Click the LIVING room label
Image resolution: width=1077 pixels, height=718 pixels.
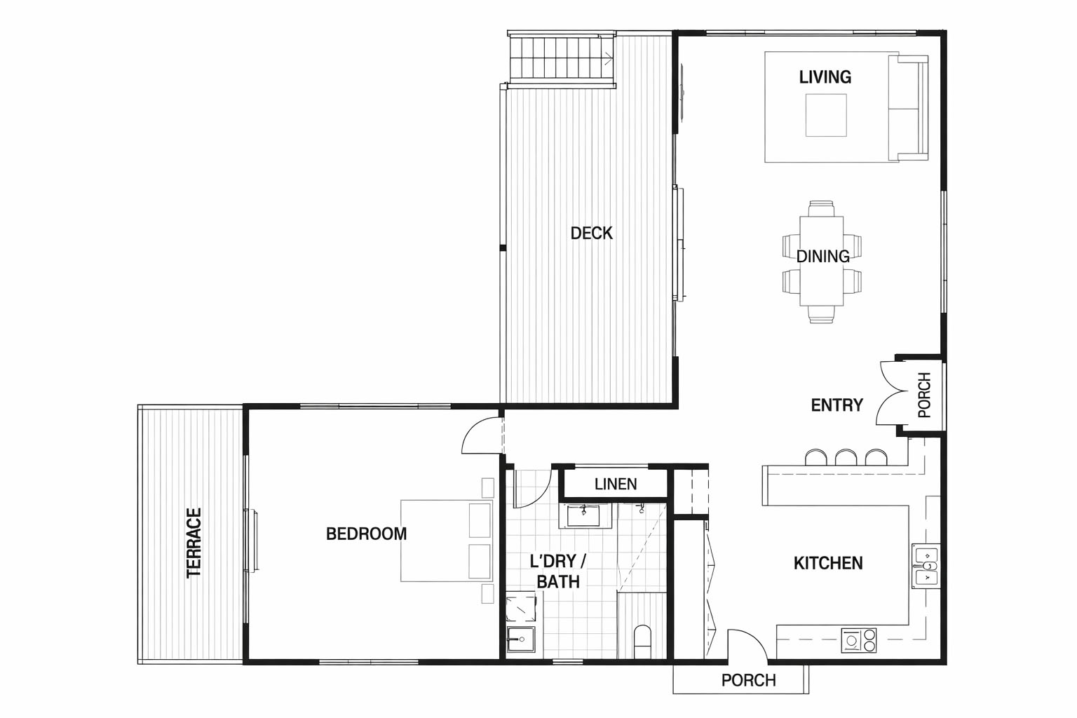825,77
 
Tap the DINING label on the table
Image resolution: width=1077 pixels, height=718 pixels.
822,257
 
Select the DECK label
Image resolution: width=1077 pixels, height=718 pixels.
591,233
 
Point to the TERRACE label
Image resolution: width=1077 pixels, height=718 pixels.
194,543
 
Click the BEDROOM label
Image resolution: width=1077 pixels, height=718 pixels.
367,534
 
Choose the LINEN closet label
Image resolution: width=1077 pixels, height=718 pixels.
616,485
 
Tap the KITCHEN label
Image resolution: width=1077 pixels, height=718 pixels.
828,563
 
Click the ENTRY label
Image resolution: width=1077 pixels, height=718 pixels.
836,405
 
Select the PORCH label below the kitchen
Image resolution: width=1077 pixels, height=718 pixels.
749,681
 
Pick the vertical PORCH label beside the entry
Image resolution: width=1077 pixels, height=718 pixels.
924,395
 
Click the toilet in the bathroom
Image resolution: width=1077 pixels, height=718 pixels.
642,642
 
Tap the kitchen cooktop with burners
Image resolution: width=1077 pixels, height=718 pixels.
859,641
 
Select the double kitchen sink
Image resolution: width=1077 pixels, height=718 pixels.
926,566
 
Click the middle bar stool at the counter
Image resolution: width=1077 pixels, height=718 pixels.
846,457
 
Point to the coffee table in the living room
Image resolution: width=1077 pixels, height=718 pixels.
826,115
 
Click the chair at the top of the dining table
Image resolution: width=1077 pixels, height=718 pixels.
821,209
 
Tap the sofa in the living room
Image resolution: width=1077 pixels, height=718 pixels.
908,108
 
